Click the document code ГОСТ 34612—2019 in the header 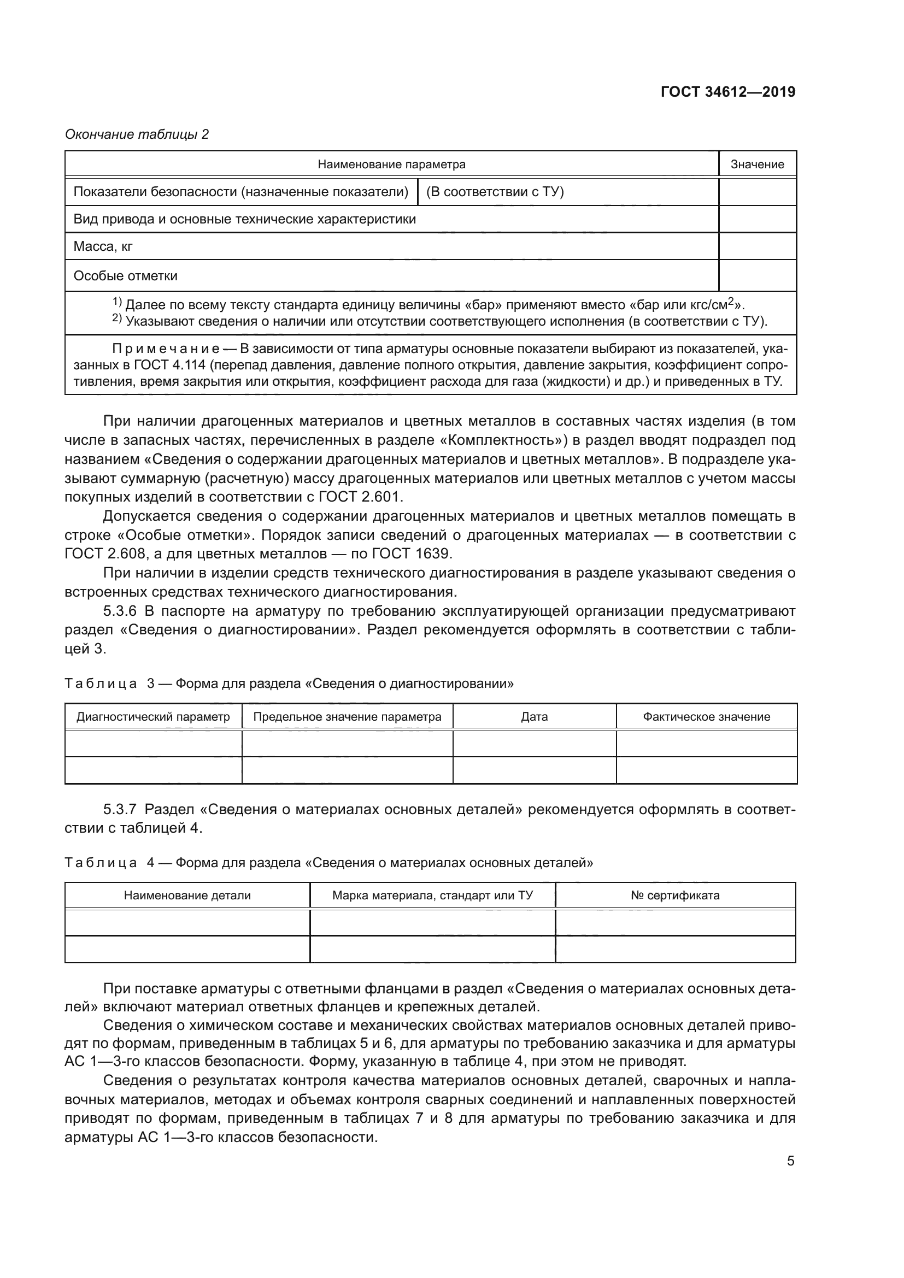[x=727, y=92]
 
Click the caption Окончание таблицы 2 [x=137, y=134]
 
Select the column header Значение [x=757, y=164]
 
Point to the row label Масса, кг [x=103, y=246]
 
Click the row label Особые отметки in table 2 [x=125, y=276]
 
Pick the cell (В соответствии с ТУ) [x=495, y=192]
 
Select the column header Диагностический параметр [x=153, y=716]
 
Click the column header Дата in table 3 [x=535, y=716]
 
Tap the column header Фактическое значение [x=706, y=716]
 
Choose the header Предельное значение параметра [x=348, y=716]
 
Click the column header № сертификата [x=675, y=895]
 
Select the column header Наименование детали [x=187, y=895]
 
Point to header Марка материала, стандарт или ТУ [x=432, y=895]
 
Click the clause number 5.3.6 [x=120, y=611]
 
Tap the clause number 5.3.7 [x=120, y=809]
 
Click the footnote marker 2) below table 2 [x=117, y=319]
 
